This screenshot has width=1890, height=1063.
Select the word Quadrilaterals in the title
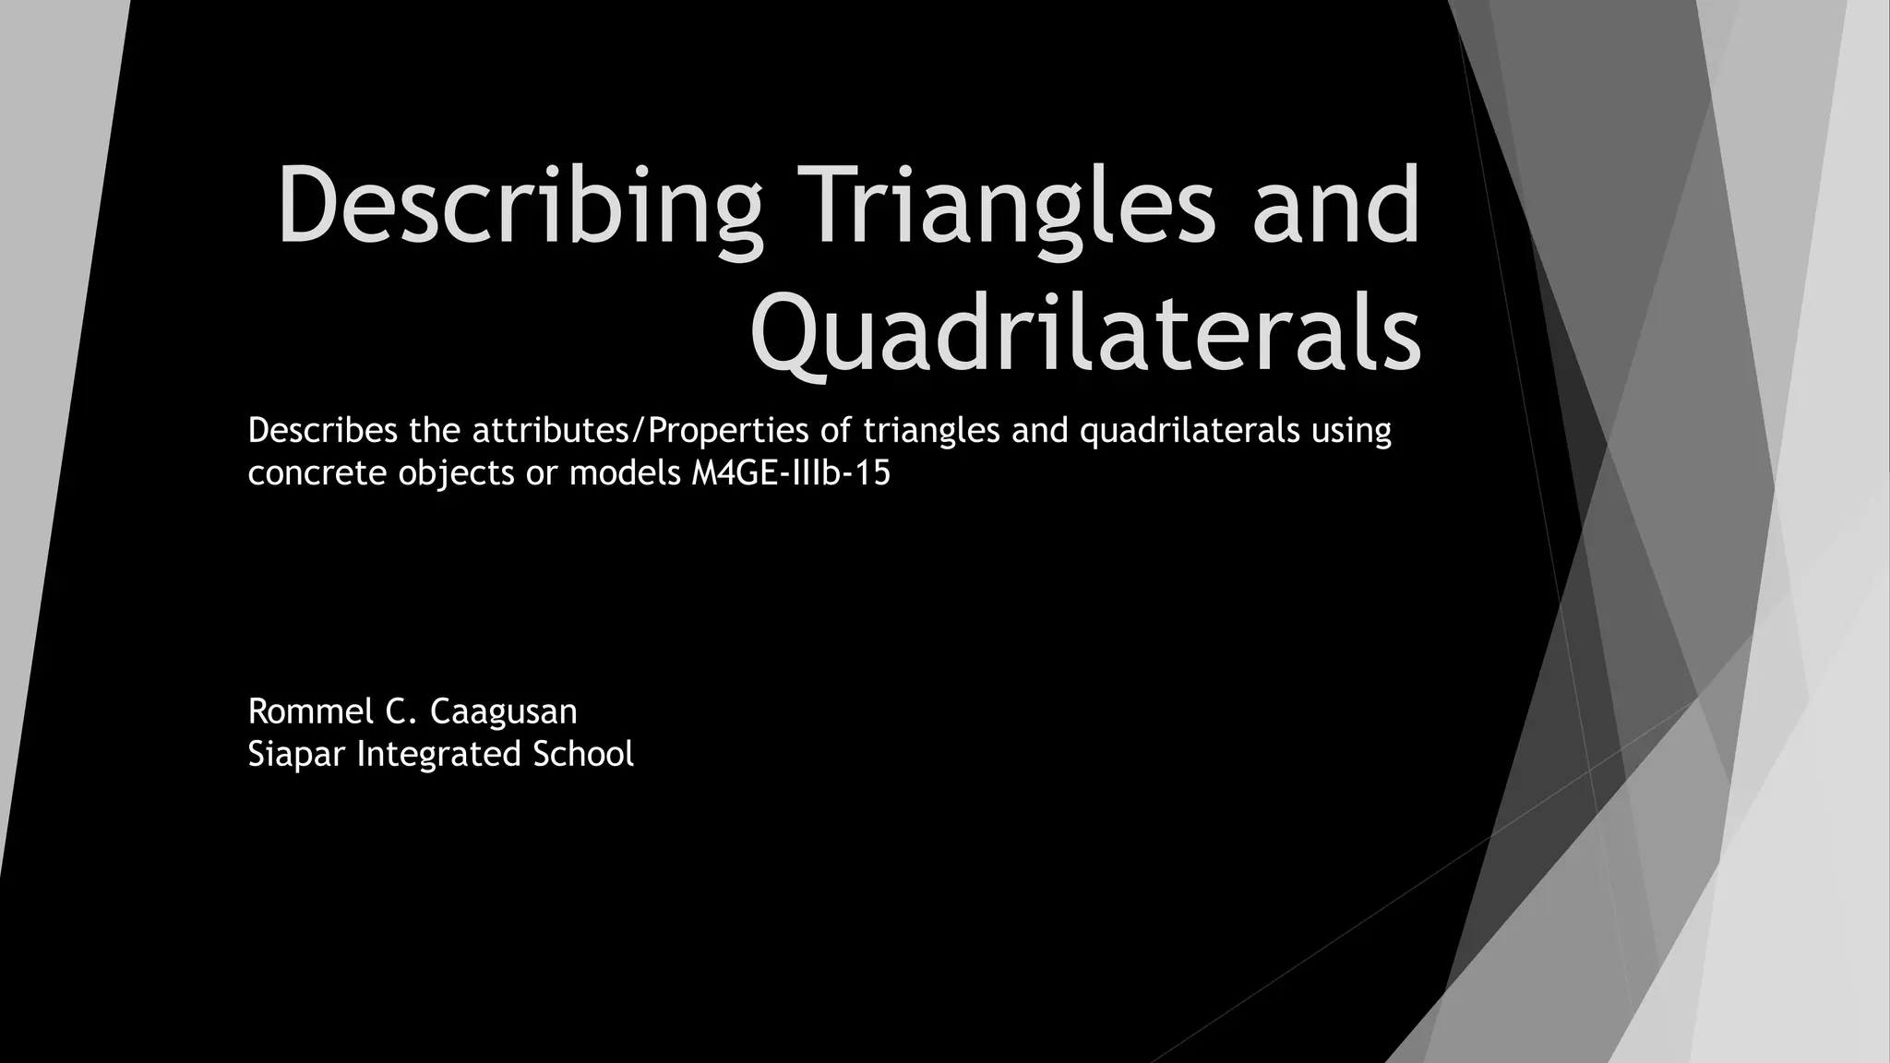1085,330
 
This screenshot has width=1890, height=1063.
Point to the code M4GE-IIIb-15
791,473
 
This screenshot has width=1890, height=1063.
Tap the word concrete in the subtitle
317,473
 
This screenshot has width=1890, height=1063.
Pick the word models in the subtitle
625,473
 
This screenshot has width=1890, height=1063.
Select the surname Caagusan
504,711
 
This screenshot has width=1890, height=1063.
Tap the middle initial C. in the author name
402,711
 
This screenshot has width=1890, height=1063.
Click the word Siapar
296,754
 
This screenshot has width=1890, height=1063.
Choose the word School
583,754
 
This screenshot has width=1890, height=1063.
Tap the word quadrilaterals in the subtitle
1190,430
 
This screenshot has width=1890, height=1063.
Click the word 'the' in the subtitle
435,430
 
